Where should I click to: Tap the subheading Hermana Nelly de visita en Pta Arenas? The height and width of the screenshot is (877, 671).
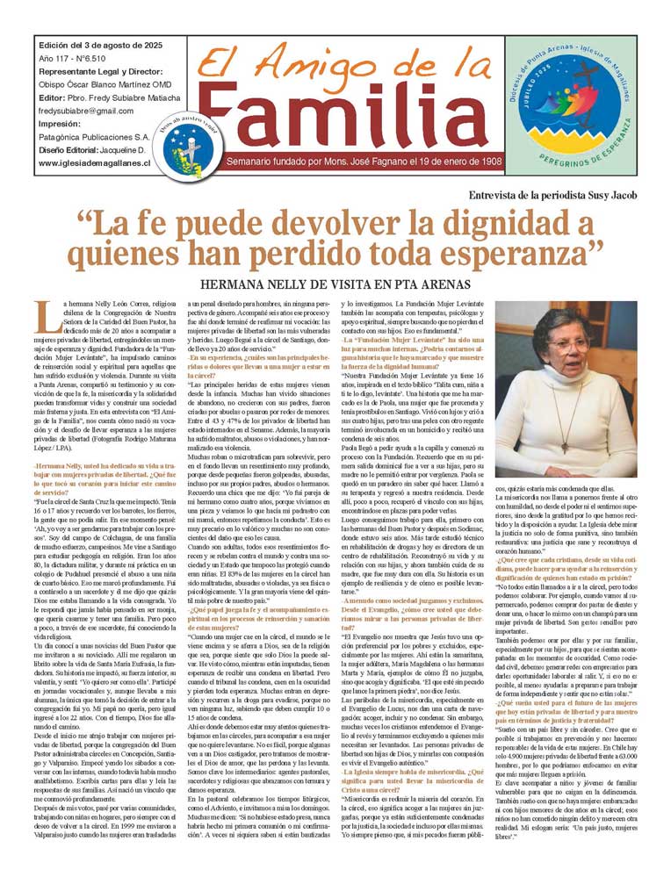(x=335, y=284)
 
